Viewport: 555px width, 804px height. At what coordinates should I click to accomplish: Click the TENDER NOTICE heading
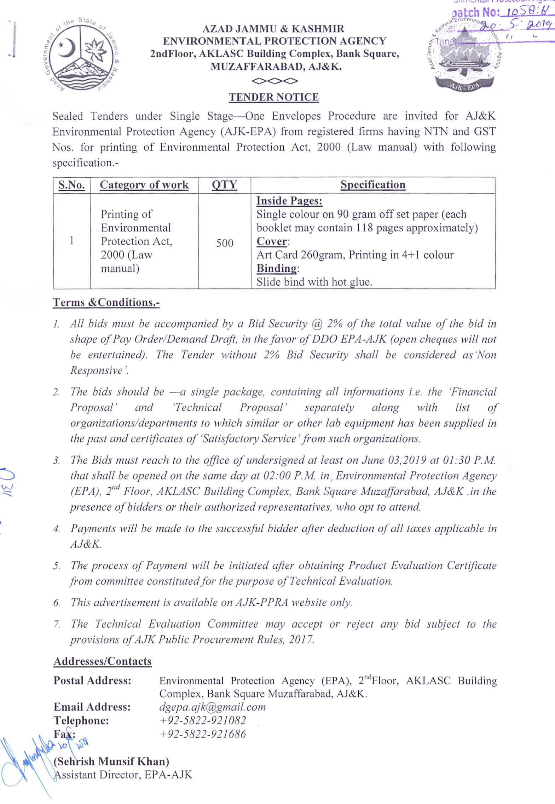click(x=274, y=97)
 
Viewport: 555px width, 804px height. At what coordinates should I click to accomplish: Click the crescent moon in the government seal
click(x=68, y=48)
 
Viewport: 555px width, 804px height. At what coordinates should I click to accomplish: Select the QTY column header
click(x=224, y=185)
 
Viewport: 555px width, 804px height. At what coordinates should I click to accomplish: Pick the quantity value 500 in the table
click(x=225, y=243)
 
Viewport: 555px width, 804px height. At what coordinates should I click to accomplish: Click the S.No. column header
click(x=71, y=185)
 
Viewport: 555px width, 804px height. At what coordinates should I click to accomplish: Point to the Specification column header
click(x=373, y=184)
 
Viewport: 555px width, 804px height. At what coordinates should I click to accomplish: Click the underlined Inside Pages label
click(x=289, y=201)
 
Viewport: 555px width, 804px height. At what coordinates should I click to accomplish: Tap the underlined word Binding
click(x=277, y=268)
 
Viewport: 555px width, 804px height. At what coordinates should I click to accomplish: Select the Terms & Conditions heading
click(x=106, y=302)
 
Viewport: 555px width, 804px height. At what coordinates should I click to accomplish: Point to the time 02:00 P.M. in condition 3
click(x=289, y=476)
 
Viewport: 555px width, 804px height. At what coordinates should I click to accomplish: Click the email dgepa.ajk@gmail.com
click(x=212, y=707)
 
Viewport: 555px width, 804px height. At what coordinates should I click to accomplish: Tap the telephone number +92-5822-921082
click(x=203, y=720)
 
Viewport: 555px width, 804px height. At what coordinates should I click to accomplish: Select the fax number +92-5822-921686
click(x=203, y=734)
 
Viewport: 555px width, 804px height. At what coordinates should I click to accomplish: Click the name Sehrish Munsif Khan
click(x=111, y=761)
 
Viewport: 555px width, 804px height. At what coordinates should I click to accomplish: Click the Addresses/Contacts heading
click(x=103, y=661)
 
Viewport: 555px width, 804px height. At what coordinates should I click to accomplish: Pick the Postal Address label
click(x=92, y=680)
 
